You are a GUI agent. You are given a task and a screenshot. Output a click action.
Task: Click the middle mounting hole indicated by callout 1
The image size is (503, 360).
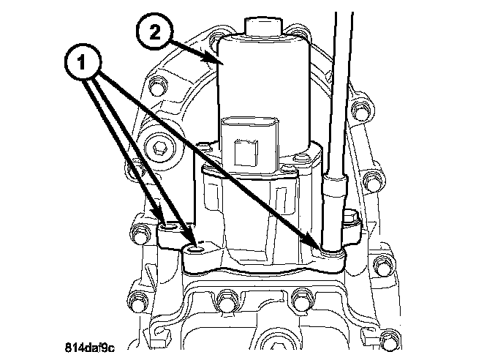click(x=194, y=247)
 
